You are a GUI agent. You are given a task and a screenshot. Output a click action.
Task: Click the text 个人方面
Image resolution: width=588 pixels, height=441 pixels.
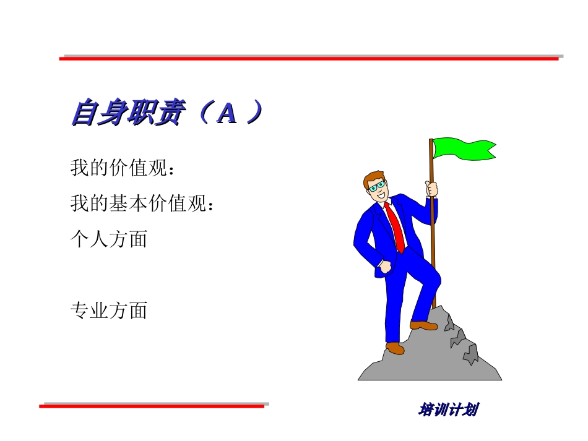pyautogui.click(x=109, y=239)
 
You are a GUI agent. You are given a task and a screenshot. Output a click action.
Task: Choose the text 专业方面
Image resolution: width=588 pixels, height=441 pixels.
pyautogui.click(x=109, y=310)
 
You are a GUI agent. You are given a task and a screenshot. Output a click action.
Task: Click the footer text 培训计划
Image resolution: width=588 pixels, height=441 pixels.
pyautogui.click(x=449, y=409)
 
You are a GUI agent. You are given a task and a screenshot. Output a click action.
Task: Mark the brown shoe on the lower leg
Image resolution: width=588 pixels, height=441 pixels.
pyautogui.click(x=395, y=348)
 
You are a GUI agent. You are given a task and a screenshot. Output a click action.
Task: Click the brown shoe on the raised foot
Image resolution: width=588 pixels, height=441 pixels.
pyautogui.click(x=423, y=325)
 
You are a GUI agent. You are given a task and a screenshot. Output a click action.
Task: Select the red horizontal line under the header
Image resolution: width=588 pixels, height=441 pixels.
pyautogui.click(x=309, y=58)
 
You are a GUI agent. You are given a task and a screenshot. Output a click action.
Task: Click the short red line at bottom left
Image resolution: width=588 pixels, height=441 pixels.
pyautogui.click(x=152, y=406)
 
